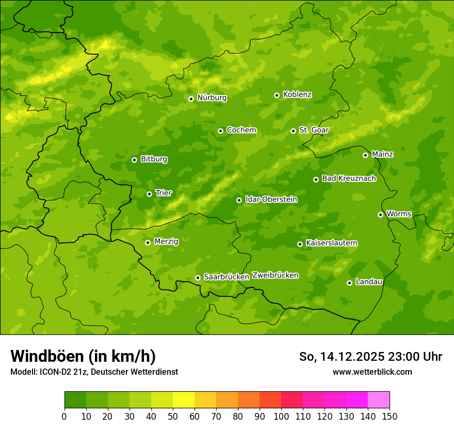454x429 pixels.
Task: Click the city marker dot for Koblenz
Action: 277,95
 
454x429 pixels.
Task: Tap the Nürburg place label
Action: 212,98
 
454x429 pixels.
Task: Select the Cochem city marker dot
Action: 220,131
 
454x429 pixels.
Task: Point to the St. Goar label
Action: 314,130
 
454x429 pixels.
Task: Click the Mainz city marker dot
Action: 365,155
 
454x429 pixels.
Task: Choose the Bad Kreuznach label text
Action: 349,179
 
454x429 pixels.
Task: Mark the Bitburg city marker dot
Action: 134,160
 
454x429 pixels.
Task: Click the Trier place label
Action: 164,193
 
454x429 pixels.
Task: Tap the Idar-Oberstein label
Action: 271,200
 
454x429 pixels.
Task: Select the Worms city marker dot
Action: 380,214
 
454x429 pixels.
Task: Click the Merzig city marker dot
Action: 148,242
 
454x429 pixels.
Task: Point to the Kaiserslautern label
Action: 332,243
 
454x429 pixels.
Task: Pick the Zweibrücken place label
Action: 275,275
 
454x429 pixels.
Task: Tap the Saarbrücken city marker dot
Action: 198,278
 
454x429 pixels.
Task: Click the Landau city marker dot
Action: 349,283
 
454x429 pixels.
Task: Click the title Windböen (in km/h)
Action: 83,357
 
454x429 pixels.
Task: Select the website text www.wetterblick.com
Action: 372,372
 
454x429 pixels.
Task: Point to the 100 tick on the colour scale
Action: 281,416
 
